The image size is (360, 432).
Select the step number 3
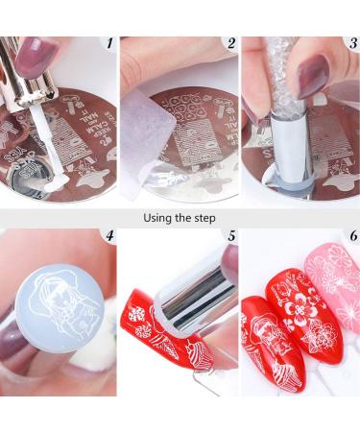(349, 44)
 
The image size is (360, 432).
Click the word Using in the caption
(157, 218)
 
